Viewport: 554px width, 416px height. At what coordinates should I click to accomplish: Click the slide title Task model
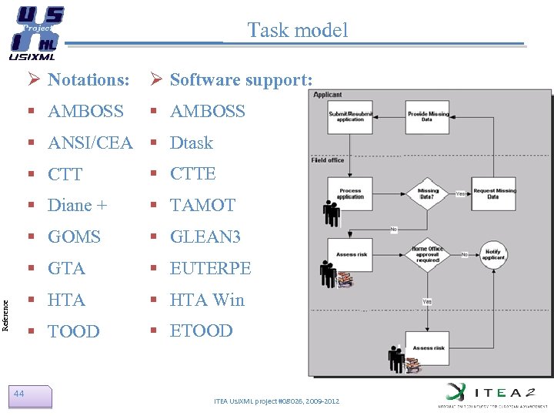297,30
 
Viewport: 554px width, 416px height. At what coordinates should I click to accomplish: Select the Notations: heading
88,79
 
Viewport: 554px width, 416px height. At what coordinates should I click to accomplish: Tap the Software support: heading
241,79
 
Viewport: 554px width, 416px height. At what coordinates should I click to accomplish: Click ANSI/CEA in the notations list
90,143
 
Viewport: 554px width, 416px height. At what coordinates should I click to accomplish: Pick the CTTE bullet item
192,173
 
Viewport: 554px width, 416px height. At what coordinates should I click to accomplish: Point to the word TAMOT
202,205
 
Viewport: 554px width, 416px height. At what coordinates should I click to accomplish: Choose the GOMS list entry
74,237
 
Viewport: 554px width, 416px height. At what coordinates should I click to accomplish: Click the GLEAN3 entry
205,237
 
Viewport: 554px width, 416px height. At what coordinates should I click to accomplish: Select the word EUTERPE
210,268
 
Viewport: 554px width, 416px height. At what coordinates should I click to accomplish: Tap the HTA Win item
206,300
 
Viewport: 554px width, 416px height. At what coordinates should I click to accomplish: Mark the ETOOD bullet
201,330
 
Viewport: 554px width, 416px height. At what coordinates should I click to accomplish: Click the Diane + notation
77,205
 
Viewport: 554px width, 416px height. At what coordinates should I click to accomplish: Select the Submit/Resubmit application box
350,117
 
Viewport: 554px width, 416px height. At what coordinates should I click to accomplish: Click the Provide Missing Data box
427,117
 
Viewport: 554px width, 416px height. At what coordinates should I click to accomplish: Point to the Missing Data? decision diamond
428,193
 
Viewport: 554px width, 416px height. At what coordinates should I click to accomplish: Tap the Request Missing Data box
494,193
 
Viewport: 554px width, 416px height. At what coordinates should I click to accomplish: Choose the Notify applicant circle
493,254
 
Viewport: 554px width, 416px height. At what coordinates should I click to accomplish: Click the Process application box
350,193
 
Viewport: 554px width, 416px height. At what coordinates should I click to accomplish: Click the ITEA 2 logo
489,393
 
